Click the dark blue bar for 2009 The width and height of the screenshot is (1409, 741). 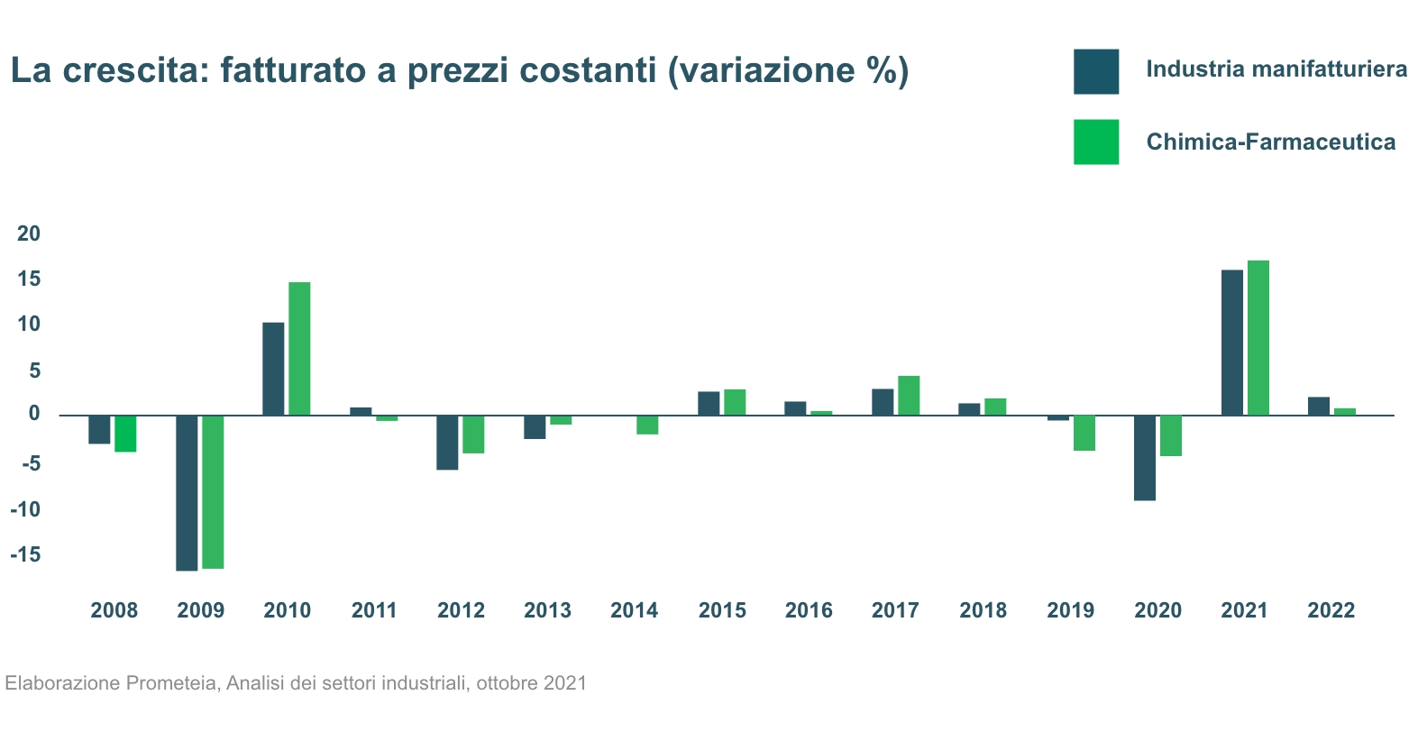tap(187, 492)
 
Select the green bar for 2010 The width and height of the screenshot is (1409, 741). tap(299, 349)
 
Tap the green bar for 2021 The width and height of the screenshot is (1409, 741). tap(1258, 338)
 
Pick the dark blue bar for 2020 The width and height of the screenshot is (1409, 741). tap(1145, 458)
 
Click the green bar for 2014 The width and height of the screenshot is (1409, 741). tap(647, 425)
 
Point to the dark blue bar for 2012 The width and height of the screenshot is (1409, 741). tap(447, 443)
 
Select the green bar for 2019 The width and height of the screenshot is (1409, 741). tap(1084, 433)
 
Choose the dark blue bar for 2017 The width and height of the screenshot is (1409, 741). tap(883, 402)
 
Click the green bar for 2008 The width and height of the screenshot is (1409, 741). tap(125, 434)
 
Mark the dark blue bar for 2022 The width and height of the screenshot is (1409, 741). tap(1319, 406)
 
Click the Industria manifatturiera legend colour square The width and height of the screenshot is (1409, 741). tap(1096, 71)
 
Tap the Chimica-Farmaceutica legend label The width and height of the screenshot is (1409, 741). tap(1270, 142)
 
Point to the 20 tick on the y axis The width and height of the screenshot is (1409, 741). tap(30, 233)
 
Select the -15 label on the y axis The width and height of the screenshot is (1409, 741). tap(26, 554)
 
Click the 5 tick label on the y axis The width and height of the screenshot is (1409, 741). tap(33, 370)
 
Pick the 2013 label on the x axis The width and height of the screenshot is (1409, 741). tap(547, 610)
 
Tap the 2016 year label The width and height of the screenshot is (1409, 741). tap(809, 610)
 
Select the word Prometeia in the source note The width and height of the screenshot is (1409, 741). tap(171, 682)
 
